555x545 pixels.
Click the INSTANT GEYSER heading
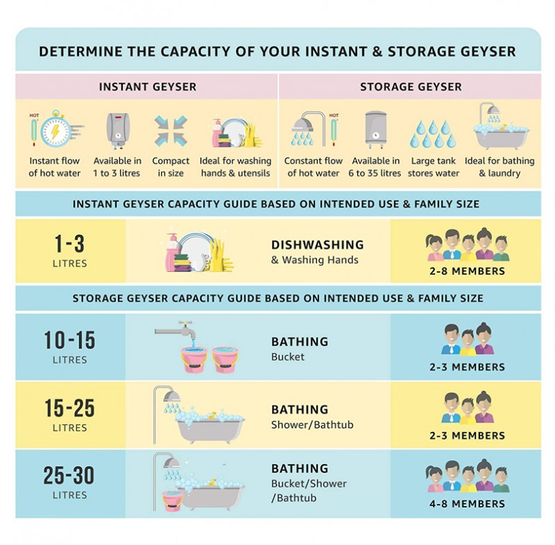(148, 87)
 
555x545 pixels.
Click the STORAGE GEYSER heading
(411, 87)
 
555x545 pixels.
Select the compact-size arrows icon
(171, 130)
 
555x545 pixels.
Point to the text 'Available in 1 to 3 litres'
(117, 167)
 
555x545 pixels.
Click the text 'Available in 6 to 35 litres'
(375, 167)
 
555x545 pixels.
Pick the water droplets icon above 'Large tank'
(433, 134)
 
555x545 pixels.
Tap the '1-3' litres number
(69, 243)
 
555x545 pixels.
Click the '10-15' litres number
(70, 340)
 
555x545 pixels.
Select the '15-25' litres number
(70, 408)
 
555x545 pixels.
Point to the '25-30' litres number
(69, 475)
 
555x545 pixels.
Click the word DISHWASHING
(318, 245)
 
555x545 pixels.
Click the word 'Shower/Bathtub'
(312, 424)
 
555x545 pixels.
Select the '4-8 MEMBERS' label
(467, 503)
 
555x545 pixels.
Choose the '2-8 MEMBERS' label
(467, 271)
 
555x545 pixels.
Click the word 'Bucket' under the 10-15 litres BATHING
(288, 357)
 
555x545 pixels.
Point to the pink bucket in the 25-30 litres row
(173, 501)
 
